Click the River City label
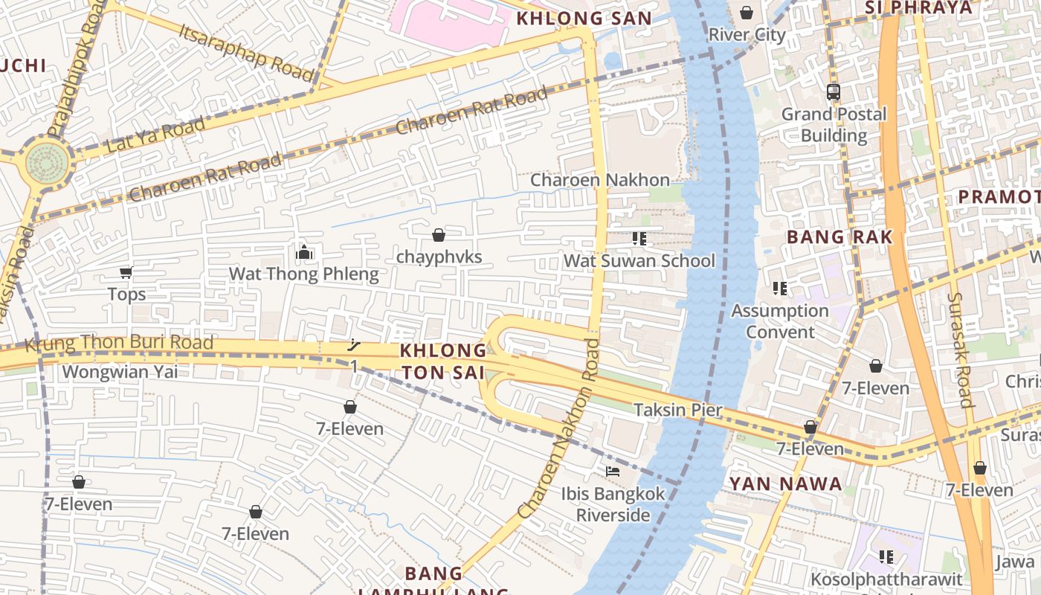pyautogui.click(x=747, y=35)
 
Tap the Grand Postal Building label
pyautogui.click(x=834, y=125)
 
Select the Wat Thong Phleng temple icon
pyautogui.click(x=303, y=253)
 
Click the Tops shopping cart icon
pyautogui.click(x=126, y=273)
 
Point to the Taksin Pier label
pyautogui.click(x=677, y=410)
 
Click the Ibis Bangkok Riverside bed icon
pyautogui.click(x=613, y=472)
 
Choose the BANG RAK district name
pyautogui.click(x=839, y=237)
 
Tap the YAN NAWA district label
pyautogui.click(x=785, y=484)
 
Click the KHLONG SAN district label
pyautogui.click(x=584, y=19)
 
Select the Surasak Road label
pyautogui.click(x=960, y=350)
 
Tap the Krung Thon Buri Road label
pyautogui.click(x=119, y=344)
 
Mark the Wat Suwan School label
pyautogui.click(x=639, y=261)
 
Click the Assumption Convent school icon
pyautogui.click(x=779, y=288)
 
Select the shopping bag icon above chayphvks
pyautogui.click(x=439, y=235)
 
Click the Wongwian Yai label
pyautogui.click(x=120, y=371)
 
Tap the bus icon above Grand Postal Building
pyautogui.click(x=833, y=92)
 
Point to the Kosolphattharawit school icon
pyautogui.click(x=886, y=556)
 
